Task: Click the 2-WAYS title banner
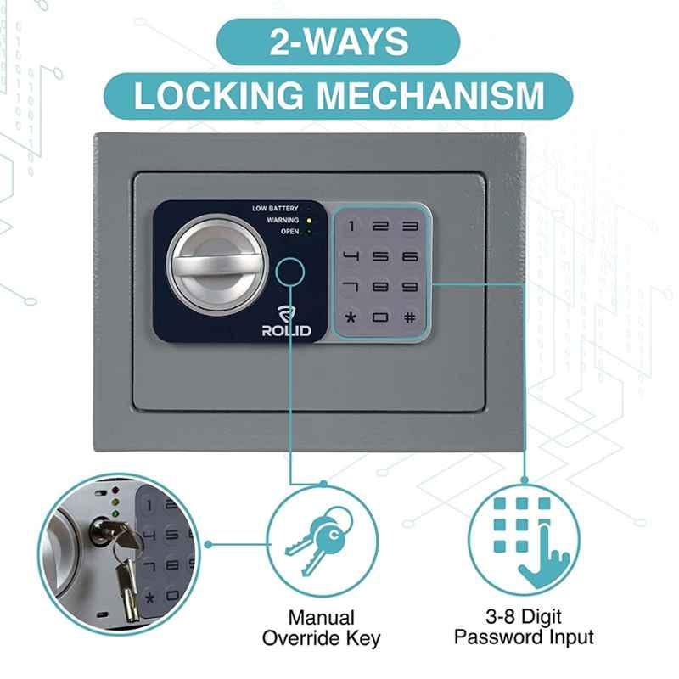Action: pos(338,42)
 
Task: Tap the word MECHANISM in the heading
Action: pos(430,95)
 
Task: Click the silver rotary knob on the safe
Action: pos(217,265)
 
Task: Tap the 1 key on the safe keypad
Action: pos(351,226)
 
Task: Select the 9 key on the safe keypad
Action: pos(409,287)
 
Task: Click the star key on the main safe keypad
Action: pos(351,317)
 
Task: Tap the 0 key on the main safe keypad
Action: pos(380,317)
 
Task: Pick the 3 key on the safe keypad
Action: pos(410,226)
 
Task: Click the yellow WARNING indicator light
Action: pos(309,221)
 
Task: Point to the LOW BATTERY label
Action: pos(275,208)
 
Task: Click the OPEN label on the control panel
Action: pos(289,231)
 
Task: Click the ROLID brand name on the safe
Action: pos(286,331)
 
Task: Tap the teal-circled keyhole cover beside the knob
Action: pos(289,272)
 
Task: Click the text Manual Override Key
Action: pos(321,628)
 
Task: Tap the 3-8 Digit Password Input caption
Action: pos(524,626)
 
